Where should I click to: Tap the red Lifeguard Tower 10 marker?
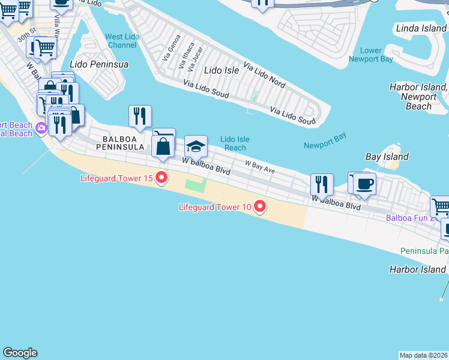260,207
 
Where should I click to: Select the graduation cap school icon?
196,146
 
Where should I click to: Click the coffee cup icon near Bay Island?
364,184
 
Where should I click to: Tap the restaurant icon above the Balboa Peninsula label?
140,116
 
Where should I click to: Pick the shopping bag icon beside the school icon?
163,146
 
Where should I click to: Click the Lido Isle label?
221,70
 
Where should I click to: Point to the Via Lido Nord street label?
264,73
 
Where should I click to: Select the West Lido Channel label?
122,41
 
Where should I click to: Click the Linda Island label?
421,28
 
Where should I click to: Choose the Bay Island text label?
387,157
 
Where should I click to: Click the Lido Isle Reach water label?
235,143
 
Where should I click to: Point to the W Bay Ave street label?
259,167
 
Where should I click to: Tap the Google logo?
20,353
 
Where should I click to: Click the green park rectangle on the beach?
194,184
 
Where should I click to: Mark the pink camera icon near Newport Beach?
41,127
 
